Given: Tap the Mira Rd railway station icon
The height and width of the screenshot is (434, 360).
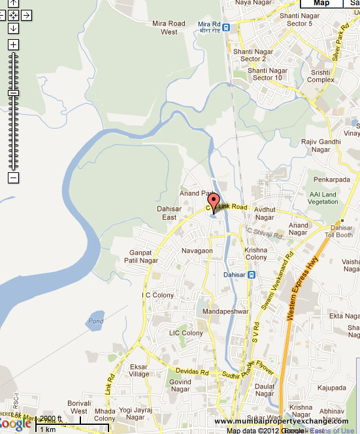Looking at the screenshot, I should pos(225,27).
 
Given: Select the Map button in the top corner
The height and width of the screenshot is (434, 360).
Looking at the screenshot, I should pos(320,3).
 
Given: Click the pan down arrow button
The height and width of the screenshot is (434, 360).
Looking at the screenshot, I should pos(14,28).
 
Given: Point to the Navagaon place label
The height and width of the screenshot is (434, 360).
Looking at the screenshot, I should pos(197,251).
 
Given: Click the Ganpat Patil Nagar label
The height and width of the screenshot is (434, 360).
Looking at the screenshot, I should pos(141,256).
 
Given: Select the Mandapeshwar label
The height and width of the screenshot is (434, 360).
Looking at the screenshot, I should pos(226,312).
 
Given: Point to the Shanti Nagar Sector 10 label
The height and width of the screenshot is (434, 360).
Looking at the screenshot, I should pos(267,74).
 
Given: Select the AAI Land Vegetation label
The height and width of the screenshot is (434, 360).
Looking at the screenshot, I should pos(323,198).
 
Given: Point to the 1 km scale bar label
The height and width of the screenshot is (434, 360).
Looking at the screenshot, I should pos(47,429).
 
